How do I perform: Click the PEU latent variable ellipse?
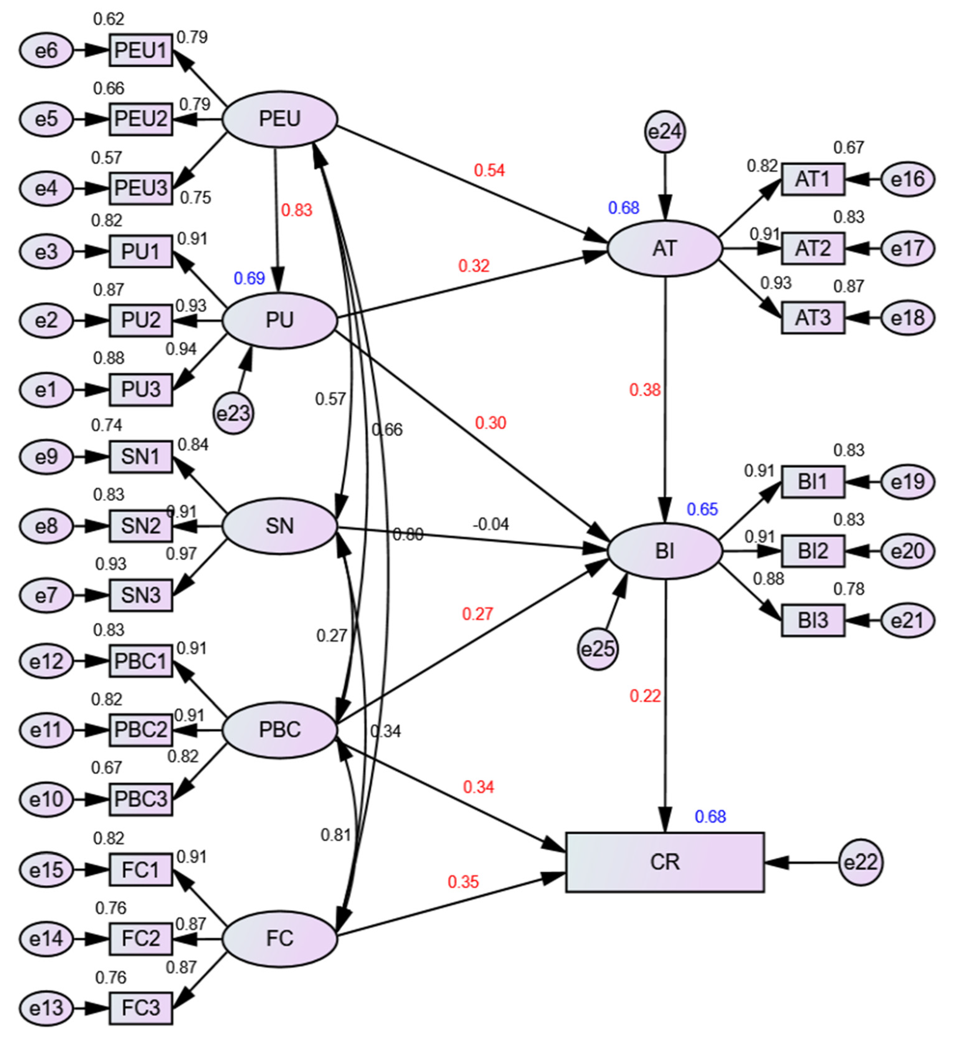279,119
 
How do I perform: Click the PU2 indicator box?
141,320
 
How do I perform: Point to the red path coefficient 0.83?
296,211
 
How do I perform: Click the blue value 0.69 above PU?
249,279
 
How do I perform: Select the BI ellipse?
665,551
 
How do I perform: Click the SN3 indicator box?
141,595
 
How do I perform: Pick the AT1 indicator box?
813,179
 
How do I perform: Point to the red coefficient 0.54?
489,170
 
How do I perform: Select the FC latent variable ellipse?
279,938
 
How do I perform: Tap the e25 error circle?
597,649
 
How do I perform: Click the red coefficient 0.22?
645,696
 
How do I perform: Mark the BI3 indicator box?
813,620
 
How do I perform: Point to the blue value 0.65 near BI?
702,510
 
